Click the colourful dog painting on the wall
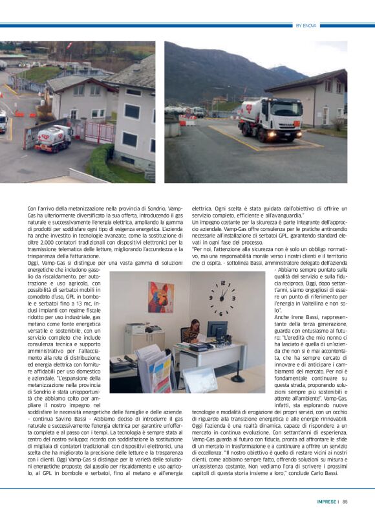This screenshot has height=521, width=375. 160,297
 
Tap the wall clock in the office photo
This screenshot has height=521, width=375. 222,298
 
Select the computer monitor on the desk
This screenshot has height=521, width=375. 217,331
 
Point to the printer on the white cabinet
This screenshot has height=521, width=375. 135,329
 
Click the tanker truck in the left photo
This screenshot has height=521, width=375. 54,137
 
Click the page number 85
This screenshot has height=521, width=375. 345,500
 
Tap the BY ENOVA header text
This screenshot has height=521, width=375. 306,25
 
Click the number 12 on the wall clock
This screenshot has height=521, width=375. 222,283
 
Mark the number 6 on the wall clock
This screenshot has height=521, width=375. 222,313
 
